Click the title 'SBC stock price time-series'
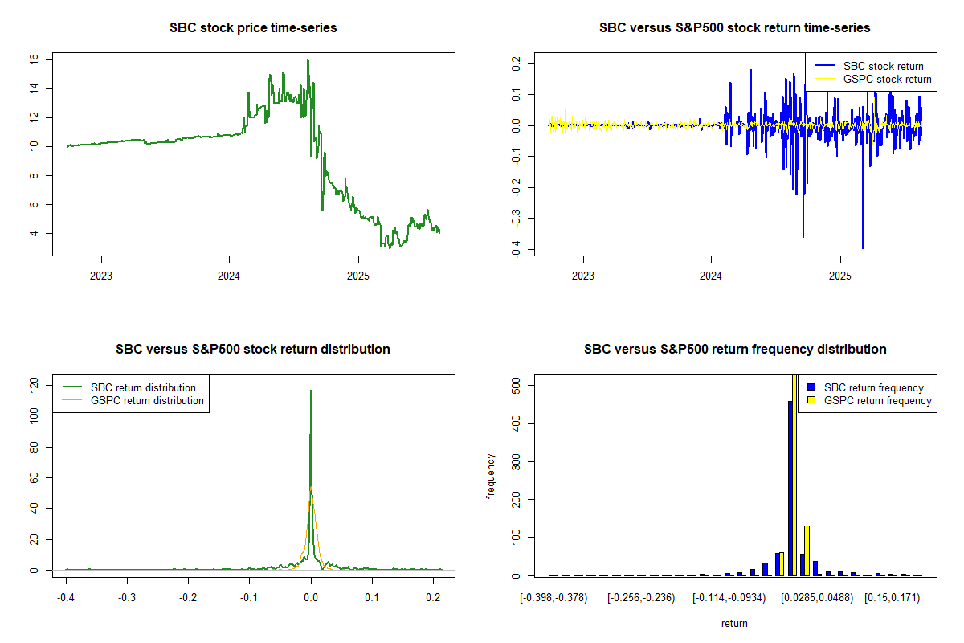(253, 27)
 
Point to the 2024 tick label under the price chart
(229, 276)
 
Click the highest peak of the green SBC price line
(307, 60)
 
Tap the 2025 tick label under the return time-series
(839, 276)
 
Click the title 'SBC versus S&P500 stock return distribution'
(253, 349)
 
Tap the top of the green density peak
(311, 391)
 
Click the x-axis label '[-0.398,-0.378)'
(553, 598)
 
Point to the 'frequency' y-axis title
(492, 477)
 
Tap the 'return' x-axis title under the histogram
(734, 623)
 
